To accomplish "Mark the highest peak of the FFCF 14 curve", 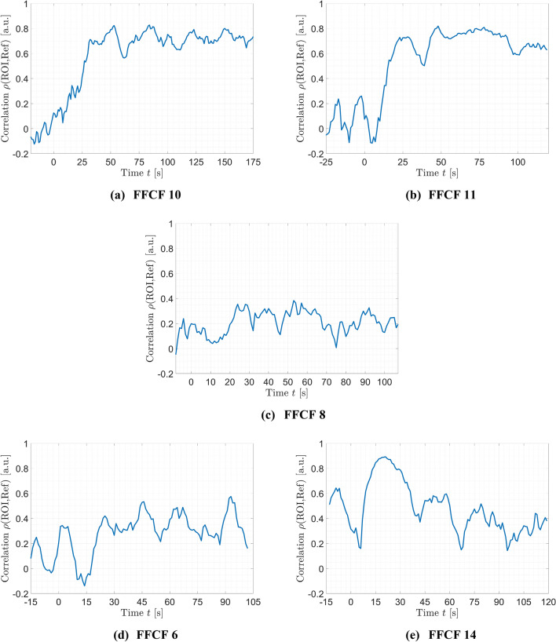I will click(x=383, y=457).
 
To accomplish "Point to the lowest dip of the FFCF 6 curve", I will click(x=84, y=585).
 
